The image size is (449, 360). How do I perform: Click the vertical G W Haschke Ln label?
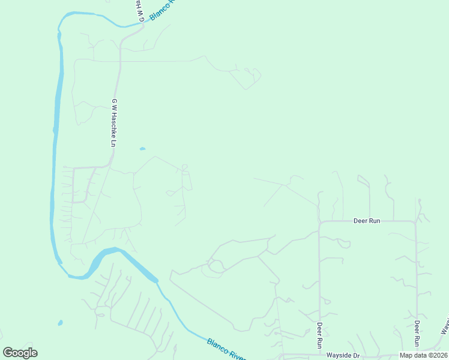pos(113,123)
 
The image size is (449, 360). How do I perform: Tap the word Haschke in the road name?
pos(113,121)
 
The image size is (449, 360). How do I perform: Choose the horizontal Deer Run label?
pos(367,221)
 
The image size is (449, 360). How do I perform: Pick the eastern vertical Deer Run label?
pos(417,334)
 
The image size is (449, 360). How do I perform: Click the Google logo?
pos(20,353)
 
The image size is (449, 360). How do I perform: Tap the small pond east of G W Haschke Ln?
pos(142,149)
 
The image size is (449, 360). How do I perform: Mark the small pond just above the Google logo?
pos(60,323)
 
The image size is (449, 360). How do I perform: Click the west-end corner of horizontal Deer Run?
pos(320,222)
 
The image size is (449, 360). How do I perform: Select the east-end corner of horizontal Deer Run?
pos(415,222)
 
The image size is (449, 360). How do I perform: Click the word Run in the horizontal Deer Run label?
pos(375,221)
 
